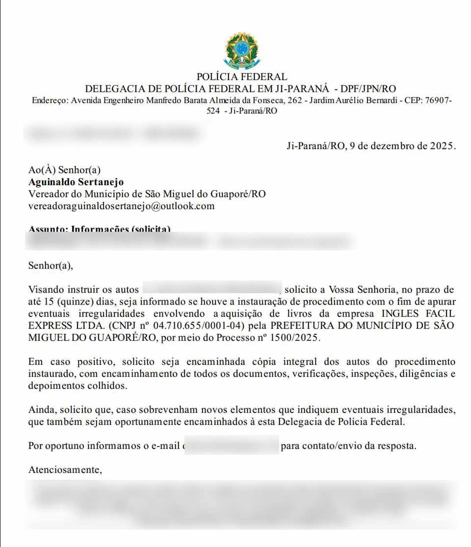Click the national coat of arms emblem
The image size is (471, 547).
[242, 50]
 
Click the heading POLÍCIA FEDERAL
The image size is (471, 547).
[241, 77]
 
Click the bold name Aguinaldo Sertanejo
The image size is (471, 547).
[76, 182]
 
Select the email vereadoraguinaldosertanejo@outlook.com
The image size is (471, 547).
[122, 206]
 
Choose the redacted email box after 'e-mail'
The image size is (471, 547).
[232, 446]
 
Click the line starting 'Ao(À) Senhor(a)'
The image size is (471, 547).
[64, 170]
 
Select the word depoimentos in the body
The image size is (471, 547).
[55, 386]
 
